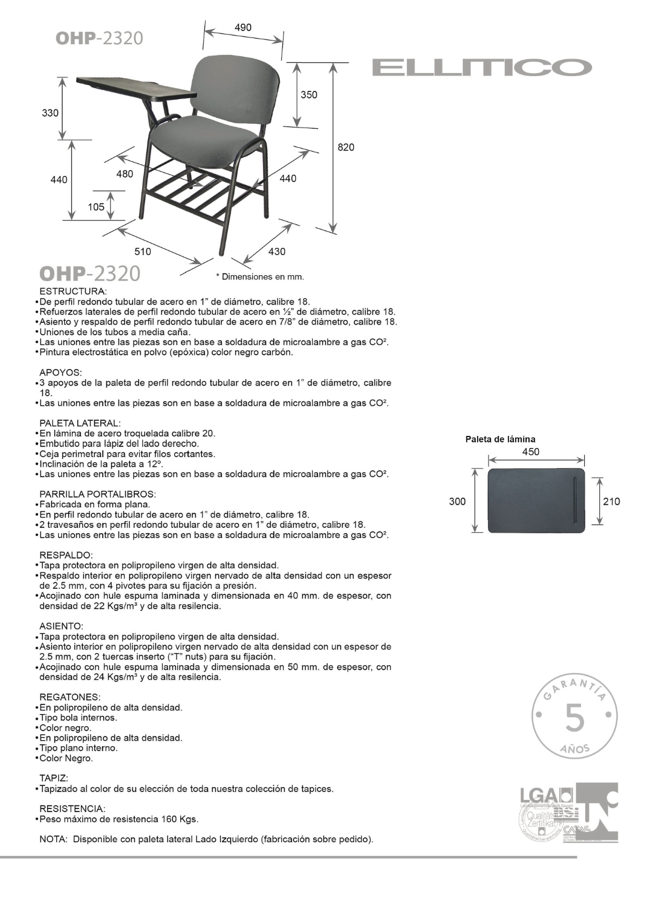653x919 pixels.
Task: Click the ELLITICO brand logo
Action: click(482, 67)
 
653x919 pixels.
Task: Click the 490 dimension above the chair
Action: click(243, 27)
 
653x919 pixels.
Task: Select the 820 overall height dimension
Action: click(346, 147)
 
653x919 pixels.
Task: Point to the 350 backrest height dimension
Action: click(308, 94)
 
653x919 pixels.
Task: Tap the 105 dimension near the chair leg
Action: click(96, 207)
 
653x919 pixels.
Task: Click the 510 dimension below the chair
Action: click(143, 251)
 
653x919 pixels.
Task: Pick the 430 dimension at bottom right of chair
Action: click(276, 251)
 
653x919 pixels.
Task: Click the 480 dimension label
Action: click(125, 174)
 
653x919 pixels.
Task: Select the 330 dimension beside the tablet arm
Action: click(50, 113)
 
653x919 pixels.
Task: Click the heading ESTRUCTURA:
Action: click(73, 291)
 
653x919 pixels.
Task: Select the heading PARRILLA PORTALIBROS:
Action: click(97, 494)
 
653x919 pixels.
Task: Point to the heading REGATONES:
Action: click(70, 697)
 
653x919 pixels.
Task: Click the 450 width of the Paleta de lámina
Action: click(530, 452)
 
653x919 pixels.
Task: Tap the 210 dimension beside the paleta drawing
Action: click(611, 501)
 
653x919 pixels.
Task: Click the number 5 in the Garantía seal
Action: click(574, 718)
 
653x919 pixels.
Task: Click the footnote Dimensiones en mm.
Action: click(260, 277)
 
